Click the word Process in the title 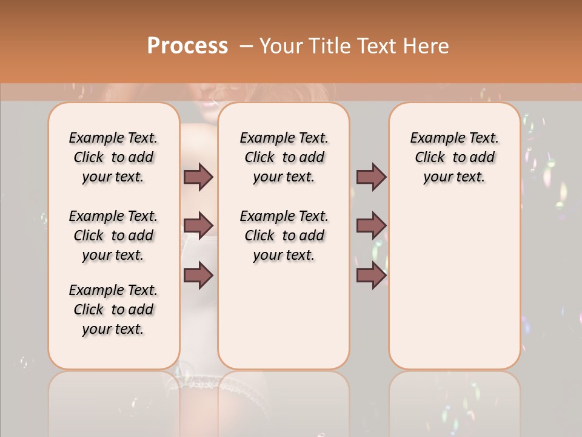click(x=187, y=46)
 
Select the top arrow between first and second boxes click(x=198, y=177)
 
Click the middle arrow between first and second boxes click(x=198, y=226)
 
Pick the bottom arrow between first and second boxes click(x=198, y=275)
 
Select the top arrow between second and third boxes click(x=371, y=177)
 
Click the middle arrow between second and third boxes click(x=371, y=226)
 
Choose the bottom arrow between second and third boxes click(x=371, y=275)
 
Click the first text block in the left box click(x=113, y=157)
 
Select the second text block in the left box click(x=113, y=235)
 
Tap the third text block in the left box click(x=113, y=310)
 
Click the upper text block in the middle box click(x=284, y=157)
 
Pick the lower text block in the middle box click(x=284, y=235)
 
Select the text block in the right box click(x=454, y=157)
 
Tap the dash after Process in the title click(x=246, y=46)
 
